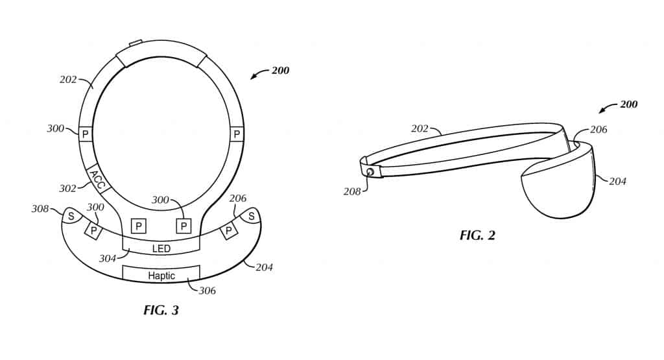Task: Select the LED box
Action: (x=161, y=249)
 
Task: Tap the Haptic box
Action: (x=161, y=275)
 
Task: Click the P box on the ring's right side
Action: (x=237, y=134)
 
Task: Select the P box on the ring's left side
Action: (x=86, y=134)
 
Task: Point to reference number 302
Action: (x=67, y=188)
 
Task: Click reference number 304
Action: (x=107, y=258)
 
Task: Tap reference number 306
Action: (x=207, y=291)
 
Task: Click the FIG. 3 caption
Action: (x=161, y=310)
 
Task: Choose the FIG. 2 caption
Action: (x=477, y=235)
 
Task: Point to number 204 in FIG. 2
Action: (x=617, y=182)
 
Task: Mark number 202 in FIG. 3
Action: (x=67, y=80)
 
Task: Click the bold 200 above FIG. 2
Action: (x=628, y=104)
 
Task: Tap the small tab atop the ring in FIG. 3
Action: (x=136, y=44)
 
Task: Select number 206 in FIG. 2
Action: (x=598, y=130)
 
